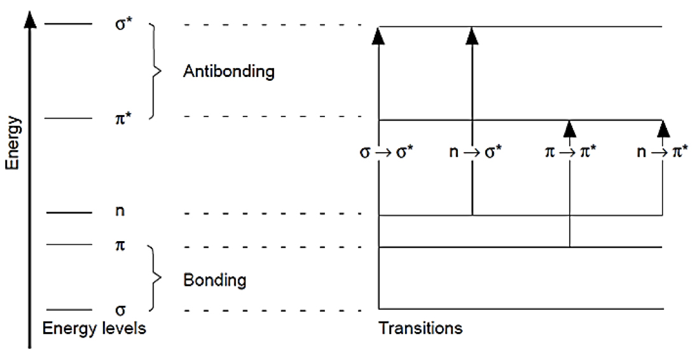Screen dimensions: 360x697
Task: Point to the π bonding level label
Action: (x=118, y=245)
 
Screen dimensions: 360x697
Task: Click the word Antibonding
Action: (x=228, y=71)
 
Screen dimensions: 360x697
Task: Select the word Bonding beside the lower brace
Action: (x=214, y=280)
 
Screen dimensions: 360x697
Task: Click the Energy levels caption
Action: (x=95, y=329)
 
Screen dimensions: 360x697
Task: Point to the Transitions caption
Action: (x=420, y=329)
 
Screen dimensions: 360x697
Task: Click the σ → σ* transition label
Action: (x=387, y=153)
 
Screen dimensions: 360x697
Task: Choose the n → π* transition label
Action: (x=661, y=153)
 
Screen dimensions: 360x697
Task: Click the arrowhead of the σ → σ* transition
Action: (x=379, y=36)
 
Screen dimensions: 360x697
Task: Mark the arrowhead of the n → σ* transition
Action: (x=472, y=36)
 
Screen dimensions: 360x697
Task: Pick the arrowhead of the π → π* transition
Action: (x=570, y=129)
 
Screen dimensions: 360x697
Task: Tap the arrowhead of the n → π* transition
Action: (x=663, y=129)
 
